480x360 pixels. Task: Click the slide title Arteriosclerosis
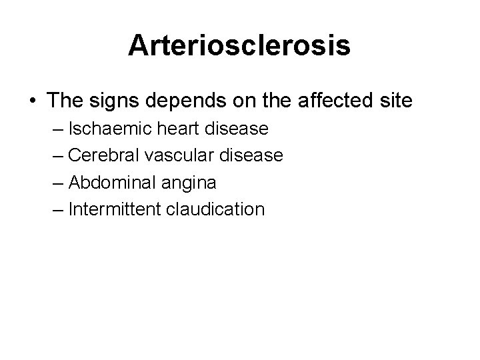pyautogui.click(x=240, y=45)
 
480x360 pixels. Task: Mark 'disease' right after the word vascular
pyautogui.click(x=250, y=156)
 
